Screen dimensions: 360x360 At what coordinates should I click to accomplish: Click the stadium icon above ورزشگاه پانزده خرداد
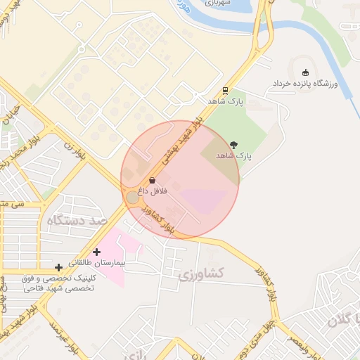coord(305,72)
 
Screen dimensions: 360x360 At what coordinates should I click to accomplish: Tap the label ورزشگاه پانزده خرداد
coord(306,84)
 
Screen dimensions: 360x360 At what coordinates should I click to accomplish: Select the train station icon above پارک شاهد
coord(225,90)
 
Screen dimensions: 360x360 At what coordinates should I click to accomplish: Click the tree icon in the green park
coord(234,144)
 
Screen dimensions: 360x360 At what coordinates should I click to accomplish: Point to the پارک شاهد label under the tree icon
coord(233,155)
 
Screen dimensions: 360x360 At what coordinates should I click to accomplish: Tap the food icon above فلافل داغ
coord(153,181)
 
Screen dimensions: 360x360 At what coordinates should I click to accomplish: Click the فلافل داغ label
coord(152,191)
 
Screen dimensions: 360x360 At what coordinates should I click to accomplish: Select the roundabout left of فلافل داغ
coord(132,197)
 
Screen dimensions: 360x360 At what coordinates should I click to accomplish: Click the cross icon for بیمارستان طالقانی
coord(97,251)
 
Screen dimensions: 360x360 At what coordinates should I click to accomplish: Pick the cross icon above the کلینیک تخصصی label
coord(58,267)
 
